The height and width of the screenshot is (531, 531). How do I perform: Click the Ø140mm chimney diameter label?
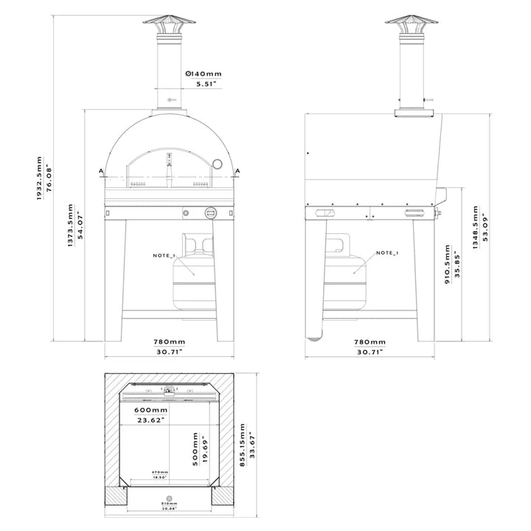(204, 74)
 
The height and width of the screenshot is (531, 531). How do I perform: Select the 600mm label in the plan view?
(150, 410)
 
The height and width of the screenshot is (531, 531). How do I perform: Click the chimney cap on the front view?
(170, 23)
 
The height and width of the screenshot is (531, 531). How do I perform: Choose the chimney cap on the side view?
(413, 23)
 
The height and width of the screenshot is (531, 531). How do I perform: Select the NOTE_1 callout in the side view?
(387, 253)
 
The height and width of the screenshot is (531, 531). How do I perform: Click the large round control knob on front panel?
(210, 214)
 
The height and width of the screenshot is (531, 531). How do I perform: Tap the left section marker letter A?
(100, 170)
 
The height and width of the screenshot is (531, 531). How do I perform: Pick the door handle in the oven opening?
(170, 168)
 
